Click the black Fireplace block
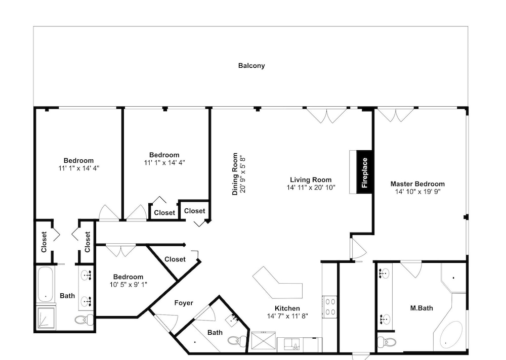(x=364, y=172)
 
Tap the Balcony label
(x=251, y=66)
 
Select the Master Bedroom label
(x=417, y=184)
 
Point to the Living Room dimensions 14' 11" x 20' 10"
(x=311, y=188)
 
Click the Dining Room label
(x=235, y=174)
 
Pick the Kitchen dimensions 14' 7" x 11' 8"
(x=287, y=316)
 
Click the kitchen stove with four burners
(x=330, y=307)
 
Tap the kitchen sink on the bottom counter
(x=293, y=344)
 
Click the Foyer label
(x=184, y=303)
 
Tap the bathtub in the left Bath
(x=46, y=284)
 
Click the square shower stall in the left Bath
(x=46, y=318)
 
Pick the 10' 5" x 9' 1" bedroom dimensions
(x=128, y=285)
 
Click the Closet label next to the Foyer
(x=175, y=259)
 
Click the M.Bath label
(x=421, y=308)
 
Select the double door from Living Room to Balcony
(x=326, y=115)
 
